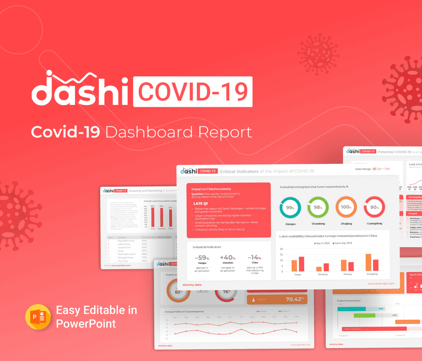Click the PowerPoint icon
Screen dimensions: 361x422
pyautogui.click(x=38, y=317)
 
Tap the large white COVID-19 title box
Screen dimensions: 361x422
pyautogui.click(x=193, y=92)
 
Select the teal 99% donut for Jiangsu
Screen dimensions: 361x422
pyautogui.click(x=290, y=207)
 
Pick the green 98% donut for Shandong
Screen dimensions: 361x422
pyautogui.click(x=318, y=207)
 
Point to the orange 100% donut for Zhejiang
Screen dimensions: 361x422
pyautogui.click(x=346, y=207)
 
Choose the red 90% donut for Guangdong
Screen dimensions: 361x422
pyautogui.click(x=374, y=207)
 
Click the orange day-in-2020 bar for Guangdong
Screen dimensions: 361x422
pyautogui.click(x=368, y=262)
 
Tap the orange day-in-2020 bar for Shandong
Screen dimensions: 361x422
pyautogui.click(x=319, y=269)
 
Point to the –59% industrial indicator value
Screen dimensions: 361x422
pyautogui.click(x=202, y=258)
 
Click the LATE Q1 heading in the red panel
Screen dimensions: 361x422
pyautogui.click(x=201, y=204)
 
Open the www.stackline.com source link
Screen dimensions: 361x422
pyautogui.click(x=121, y=265)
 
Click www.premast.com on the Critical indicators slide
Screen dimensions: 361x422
pyautogui.click(x=381, y=284)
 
